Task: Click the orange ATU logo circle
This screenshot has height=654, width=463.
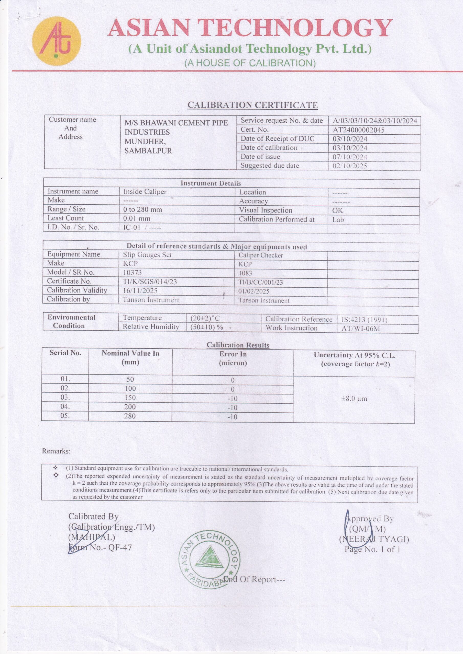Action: (56, 41)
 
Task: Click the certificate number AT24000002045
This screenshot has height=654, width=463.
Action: (358, 130)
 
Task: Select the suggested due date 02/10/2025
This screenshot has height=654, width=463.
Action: (350, 166)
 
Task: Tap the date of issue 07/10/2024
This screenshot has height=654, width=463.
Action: (350, 157)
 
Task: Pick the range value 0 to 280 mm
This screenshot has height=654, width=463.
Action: (143, 210)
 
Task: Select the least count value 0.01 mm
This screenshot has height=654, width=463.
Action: (137, 219)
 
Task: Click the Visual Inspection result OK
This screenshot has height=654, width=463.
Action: (337, 211)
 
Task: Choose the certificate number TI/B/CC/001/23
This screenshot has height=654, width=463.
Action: (261, 282)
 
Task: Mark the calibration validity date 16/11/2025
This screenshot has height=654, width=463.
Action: (140, 291)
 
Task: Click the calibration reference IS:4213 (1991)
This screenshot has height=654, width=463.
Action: (364, 320)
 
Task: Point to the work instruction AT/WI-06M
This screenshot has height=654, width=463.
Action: (361, 329)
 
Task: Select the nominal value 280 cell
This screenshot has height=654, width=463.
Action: (130, 416)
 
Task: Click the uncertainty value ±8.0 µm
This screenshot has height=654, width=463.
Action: (354, 399)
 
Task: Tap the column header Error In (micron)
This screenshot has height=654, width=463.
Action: (233, 359)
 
